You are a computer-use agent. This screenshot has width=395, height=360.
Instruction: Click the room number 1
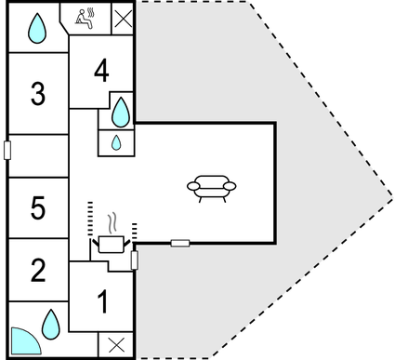click(103, 302)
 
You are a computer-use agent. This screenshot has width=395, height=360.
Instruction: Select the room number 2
click(38, 271)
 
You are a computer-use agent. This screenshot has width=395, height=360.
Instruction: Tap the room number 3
click(38, 94)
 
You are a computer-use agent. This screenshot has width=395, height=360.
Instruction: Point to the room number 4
click(101, 70)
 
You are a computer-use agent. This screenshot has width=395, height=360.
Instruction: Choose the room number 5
click(38, 208)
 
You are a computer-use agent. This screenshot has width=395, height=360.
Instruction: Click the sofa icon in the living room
click(212, 186)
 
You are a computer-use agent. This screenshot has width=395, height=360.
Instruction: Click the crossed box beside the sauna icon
click(123, 18)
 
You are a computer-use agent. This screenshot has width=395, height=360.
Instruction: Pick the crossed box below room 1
click(117, 345)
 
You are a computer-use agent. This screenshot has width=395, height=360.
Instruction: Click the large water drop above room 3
click(36, 28)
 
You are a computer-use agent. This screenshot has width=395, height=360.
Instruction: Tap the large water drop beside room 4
click(121, 113)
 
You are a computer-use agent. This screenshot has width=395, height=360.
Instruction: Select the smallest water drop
click(116, 142)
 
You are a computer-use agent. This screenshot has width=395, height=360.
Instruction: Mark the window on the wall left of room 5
click(7, 150)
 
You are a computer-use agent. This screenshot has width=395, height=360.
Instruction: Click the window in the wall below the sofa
click(181, 243)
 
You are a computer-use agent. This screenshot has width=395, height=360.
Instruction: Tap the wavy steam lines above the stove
click(112, 224)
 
